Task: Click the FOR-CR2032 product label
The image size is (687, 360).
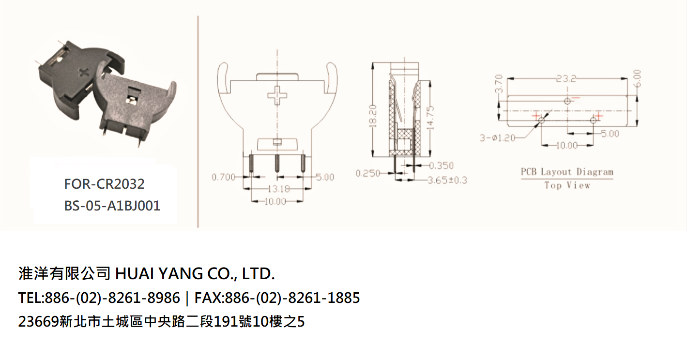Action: tap(104, 184)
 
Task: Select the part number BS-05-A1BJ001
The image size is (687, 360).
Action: tap(112, 206)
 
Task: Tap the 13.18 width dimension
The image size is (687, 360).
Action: tap(278, 189)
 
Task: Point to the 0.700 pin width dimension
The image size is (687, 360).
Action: tap(223, 177)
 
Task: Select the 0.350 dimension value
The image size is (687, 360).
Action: tap(441, 165)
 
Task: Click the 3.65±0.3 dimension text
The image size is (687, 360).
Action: tap(447, 180)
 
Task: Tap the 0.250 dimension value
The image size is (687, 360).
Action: tap(368, 173)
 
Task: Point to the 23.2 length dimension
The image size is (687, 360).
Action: tap(566, 79)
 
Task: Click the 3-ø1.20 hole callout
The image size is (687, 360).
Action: tap(498, 138)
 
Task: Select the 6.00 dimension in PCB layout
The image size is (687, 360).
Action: tap(637, 78)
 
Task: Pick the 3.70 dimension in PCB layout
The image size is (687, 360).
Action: tap(499, 83)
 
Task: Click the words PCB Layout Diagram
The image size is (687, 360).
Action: tap(567, 172)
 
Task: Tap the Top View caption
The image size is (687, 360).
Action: tap(567, 185)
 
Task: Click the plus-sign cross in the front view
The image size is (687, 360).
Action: tap(277, 95)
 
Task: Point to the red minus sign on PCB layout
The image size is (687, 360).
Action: tap(576, 98)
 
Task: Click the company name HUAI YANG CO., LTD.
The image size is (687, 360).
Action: tap(195, 274)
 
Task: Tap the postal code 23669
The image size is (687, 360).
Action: tap(38, 322)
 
